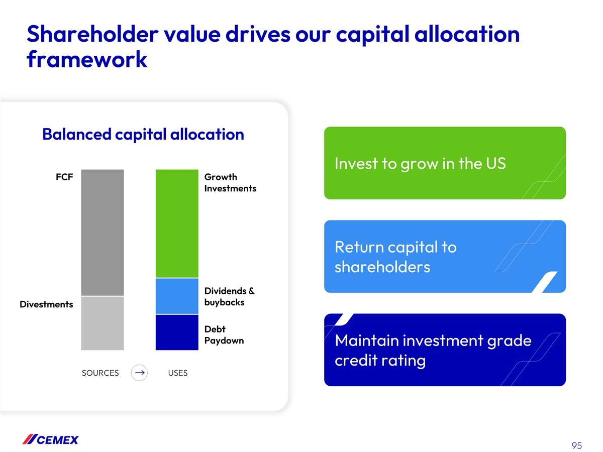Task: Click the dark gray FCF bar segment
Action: (102, 232)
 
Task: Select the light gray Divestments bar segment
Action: (102, 323)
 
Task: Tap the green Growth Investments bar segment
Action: (177, 223)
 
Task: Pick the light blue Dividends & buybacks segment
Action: (177, 296)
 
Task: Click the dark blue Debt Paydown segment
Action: (177, 332)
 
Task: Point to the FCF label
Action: (64, 177)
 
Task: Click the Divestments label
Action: (46, 304)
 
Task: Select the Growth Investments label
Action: (230, 182)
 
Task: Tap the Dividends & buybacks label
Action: (229, 296)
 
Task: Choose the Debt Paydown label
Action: (224, 334)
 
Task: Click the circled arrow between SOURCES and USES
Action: (139, 373)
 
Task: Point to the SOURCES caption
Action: (100, 373)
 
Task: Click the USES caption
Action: (178, 373)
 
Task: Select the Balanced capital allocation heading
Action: (143, 134)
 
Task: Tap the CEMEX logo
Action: (50, 439)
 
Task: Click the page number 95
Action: (577, 445)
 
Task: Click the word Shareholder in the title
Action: (92, 34)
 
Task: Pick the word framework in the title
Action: (87, 59)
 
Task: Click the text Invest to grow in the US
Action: (420, 164)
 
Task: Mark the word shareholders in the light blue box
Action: (382, 267)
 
